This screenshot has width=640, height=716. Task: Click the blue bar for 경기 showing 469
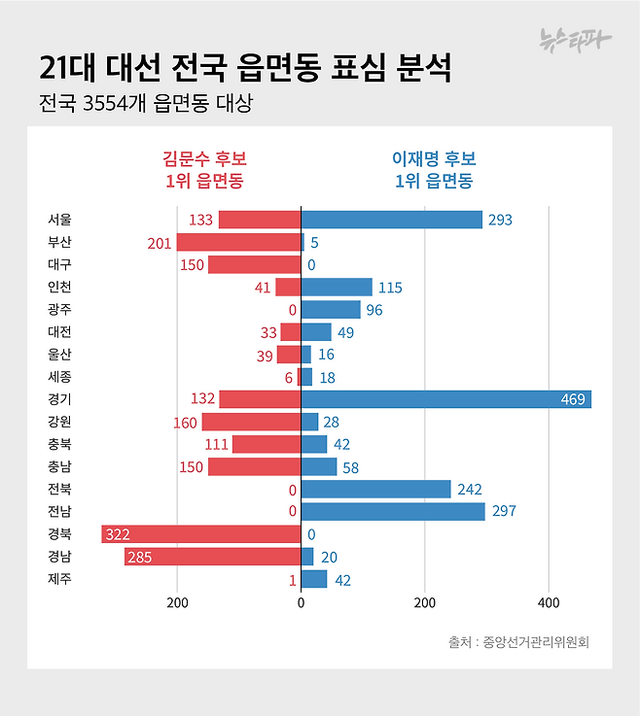[x=445, y=399]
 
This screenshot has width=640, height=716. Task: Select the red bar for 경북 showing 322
[x=200, y=534]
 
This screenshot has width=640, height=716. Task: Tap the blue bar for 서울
[x=391, y=220]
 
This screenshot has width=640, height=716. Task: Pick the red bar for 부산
[x=238, y=242]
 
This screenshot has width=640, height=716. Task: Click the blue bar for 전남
[x=392, y=511]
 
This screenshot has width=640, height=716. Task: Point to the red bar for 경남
[x=212, y=557]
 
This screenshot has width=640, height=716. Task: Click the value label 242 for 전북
[x=469, y=490]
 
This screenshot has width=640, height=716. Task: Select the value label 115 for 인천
[x=389, y=288]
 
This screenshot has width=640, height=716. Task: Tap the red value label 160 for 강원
[x=184, y=423]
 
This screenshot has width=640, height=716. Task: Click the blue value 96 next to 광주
[x=375, y=310]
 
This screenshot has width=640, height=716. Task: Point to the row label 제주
[x=59, y=580]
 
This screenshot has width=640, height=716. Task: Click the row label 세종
[x=59, y=377]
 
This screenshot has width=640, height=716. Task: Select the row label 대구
[x=59, y=264]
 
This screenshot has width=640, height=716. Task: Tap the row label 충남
[x=59, y=467]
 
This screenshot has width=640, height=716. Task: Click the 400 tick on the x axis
[x=549, y=602]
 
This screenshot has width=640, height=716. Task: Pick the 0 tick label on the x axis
[x=301, y=602]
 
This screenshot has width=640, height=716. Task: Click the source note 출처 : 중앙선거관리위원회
[x=518, y=642]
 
